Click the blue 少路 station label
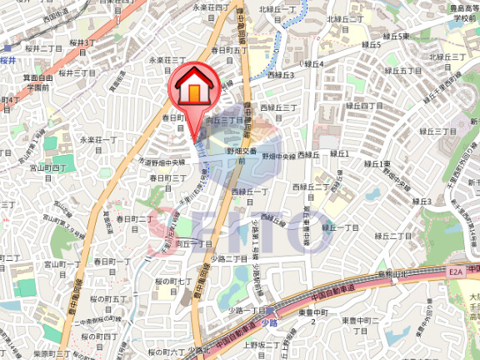(267, 321)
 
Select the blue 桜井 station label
(8, 59)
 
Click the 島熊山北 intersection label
(391, 272)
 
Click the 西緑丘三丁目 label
(278, 107)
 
